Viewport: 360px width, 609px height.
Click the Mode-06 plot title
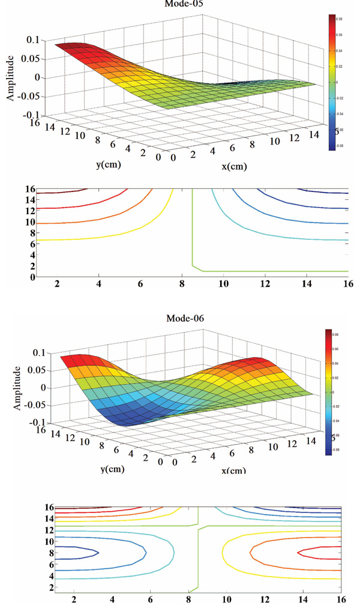pos(185,319)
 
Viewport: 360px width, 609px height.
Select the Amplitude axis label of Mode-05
pos(9,77)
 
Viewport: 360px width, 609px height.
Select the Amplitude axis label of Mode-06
pos(9,388)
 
